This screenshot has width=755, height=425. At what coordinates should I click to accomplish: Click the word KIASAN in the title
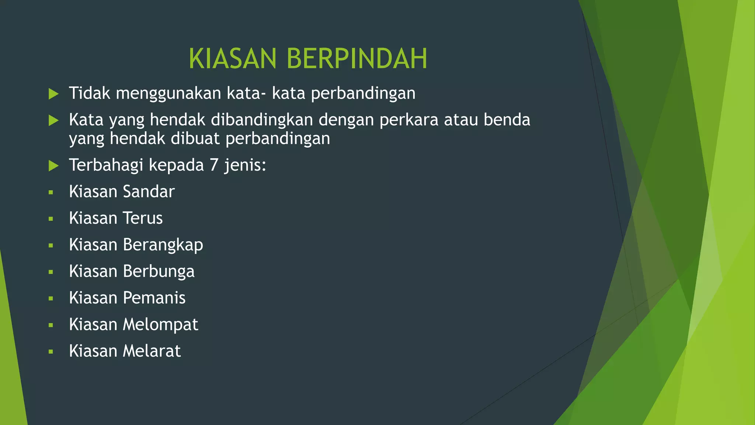pos(232,59)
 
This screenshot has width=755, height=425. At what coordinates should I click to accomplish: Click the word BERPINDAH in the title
pos(356,59)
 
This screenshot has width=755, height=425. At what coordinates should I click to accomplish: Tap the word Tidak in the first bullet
pos(90,93)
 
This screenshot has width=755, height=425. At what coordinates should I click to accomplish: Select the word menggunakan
pos(168,93)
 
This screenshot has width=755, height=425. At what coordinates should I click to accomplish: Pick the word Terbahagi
pos(106,165)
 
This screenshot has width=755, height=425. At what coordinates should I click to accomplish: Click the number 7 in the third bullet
pos(214,165)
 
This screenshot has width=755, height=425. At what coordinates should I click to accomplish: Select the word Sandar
pos(149,191)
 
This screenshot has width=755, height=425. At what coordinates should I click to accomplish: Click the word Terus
pos(143,218)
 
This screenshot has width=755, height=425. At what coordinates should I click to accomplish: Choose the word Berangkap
pos(163,245)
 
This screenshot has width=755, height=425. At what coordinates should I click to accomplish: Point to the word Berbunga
pos(159,271)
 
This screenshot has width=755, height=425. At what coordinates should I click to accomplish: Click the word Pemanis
pos(154,298)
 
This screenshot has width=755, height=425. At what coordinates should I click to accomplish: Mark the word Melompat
pos(160,324)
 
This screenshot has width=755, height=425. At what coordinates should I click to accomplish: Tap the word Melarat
pos(152,351)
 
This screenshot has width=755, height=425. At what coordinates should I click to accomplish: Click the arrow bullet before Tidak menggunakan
pos(53,94)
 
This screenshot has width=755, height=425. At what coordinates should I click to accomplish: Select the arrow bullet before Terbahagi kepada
pos(53,166)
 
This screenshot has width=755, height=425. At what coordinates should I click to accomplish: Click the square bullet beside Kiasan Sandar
pos(51,192)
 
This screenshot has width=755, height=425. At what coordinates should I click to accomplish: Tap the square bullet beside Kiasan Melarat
pos(51,352)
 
